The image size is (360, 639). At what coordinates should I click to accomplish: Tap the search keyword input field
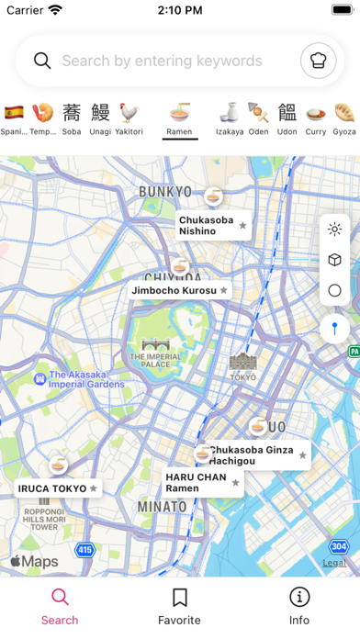pyautogui.click(x=162, y=62)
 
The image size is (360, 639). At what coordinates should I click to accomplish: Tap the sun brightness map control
pyautogui.click(x=334, y=230)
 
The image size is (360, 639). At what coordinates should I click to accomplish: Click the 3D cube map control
pyautogui.click(x=334, y=260)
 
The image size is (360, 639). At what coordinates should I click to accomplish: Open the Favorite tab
pyautogui.click(x=180, y=606)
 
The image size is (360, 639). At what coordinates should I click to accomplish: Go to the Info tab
pyautogui.click(x=299, y=606)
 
